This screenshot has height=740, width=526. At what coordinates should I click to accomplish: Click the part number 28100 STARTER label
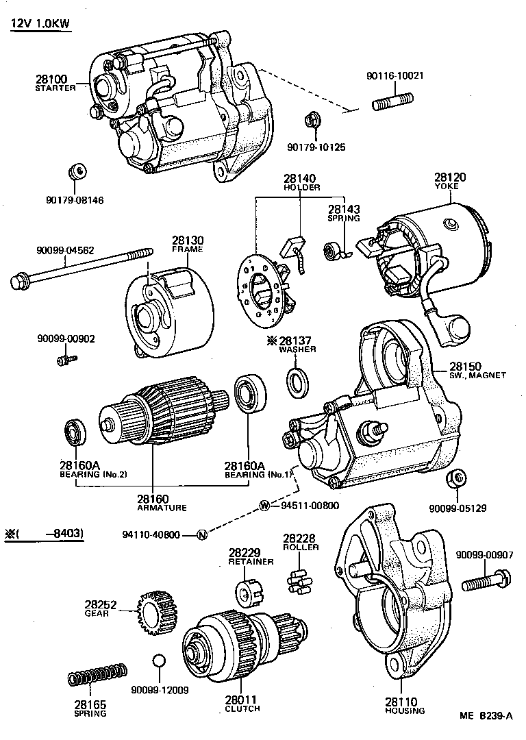(x=55, y=83)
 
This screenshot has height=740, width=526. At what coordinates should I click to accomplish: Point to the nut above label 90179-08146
(x=78, y=171)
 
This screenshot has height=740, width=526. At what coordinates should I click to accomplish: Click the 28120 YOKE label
(x=450, y=182)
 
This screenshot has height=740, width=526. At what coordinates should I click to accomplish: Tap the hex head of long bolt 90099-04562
(x=18, y=280)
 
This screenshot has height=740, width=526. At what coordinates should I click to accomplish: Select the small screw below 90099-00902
(x=67, y=358)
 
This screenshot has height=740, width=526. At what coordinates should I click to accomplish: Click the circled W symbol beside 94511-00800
(x=264, y=506)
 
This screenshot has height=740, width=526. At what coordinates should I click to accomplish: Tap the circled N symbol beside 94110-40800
(x=201, y=535)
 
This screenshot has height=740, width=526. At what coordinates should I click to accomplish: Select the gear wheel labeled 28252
(x=156, y=612)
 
